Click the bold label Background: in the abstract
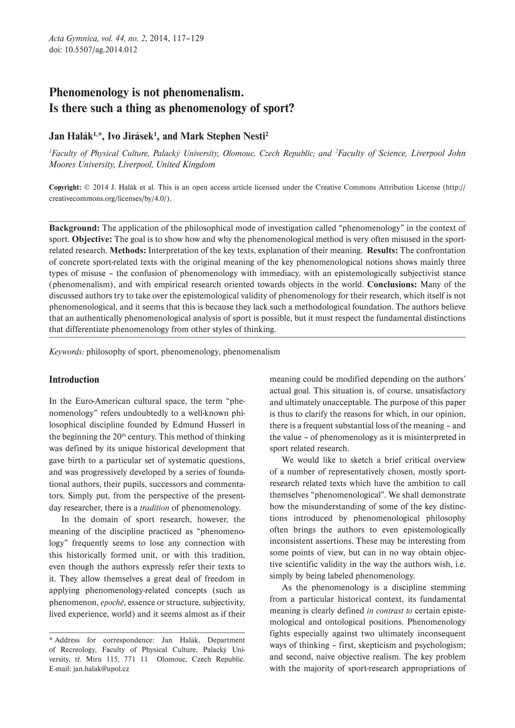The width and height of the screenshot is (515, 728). pyautogui.click(x=74, y=228)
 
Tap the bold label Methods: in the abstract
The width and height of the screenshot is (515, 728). pyautogui.click(x=128, y=251)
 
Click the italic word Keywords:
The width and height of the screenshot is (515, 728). pyautogui.click(x=66, y=352)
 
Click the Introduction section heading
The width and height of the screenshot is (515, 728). pyautogui.click(x=74, y=380)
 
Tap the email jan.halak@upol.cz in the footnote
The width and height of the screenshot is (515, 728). pyautogui.click(x=101, y=669)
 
